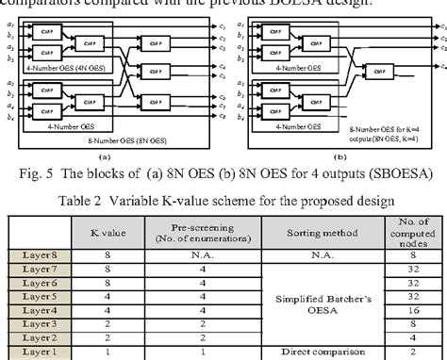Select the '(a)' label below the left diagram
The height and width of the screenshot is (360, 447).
(x=106, y=158)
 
